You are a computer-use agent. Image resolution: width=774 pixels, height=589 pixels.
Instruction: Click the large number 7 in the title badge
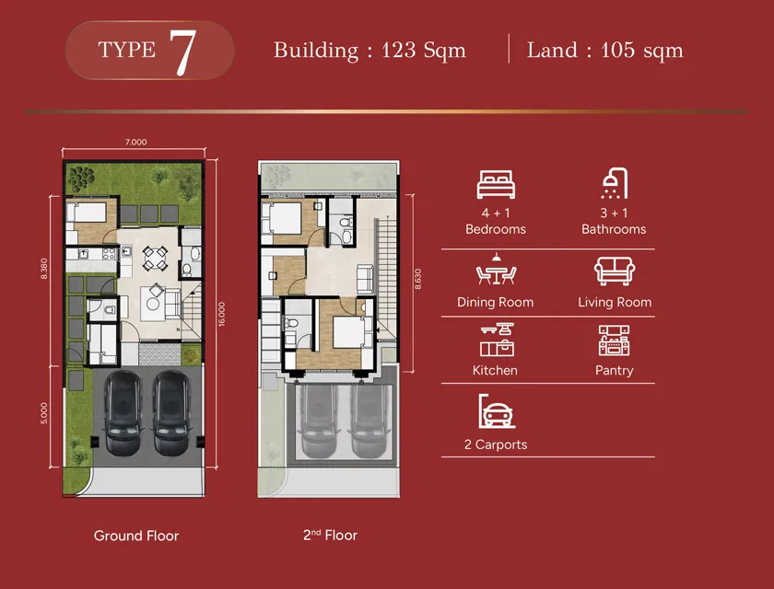coord(182,52)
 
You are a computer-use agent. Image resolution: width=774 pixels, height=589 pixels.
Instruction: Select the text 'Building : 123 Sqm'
coord(369,51)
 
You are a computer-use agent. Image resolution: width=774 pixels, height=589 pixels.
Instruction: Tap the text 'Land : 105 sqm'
coord(604,51)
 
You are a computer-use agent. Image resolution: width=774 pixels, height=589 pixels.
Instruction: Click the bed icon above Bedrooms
coord(496,184)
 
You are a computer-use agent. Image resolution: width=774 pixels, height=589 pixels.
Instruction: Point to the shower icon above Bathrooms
coord(614,183)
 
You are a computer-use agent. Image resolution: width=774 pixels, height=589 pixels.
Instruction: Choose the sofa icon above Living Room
coord(615,271)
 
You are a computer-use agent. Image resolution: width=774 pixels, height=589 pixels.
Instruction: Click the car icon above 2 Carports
coord(497,411)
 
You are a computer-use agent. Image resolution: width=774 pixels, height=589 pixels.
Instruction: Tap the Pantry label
coord(614,370)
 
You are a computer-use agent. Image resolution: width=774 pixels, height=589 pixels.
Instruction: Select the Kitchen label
coord(495,370)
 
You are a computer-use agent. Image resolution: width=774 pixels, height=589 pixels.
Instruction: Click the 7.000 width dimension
coord(135,142)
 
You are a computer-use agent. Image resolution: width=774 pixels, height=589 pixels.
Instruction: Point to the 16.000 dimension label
coord(222,314)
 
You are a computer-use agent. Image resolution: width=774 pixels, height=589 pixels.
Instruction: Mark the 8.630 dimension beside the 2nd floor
coord(418,279)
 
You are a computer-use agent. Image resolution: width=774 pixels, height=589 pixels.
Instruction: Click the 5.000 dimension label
coord(44,413)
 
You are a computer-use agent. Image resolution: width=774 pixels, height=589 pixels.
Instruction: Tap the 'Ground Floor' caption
coord(136,536)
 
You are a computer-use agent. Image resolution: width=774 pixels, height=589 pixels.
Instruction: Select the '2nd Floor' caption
coord(330,535)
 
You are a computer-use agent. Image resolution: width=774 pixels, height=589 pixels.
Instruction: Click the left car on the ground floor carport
coord(123,413)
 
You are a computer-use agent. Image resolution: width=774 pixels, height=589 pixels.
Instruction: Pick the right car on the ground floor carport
coord(171,413)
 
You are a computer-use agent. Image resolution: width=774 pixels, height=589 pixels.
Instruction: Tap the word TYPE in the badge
coord(127,50)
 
